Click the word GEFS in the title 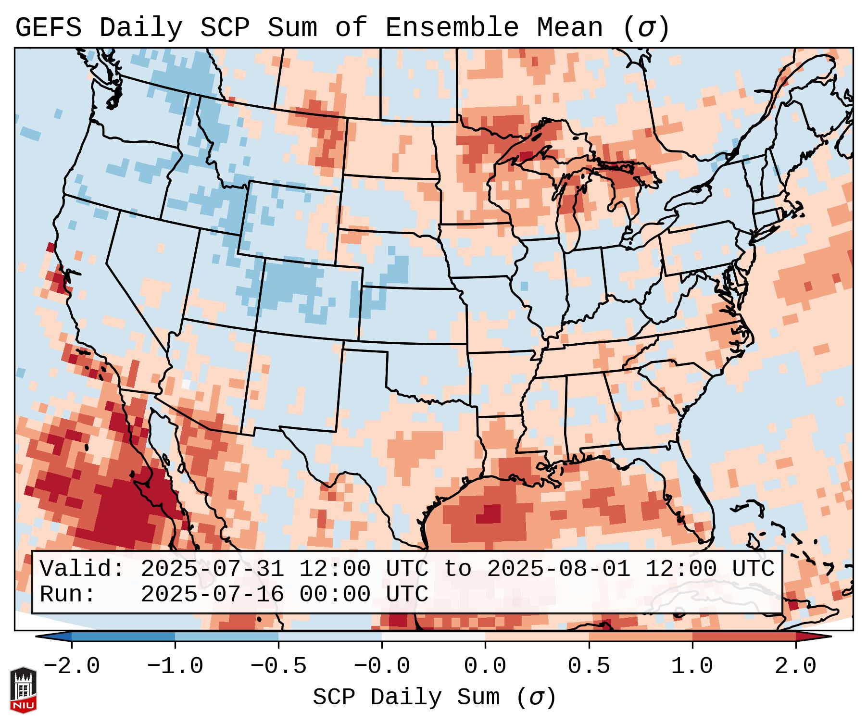(48, 28)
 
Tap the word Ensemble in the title (452, 28)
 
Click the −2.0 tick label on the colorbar (72, 667)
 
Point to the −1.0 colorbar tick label (175, 667)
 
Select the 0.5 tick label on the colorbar (589, 667)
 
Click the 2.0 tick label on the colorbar (796, 667)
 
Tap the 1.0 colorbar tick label (692, 667)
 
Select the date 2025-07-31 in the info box (212, 569)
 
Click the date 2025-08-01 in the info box (558, 569)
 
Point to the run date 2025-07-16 (212, 595)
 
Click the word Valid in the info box (82, 569)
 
